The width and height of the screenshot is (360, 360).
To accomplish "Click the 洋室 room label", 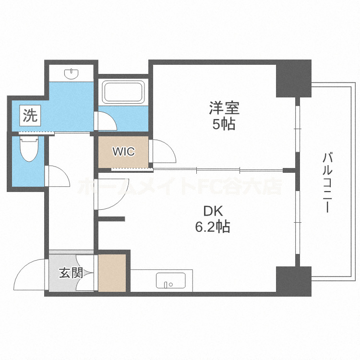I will pyautogui.click(x=223, y=108).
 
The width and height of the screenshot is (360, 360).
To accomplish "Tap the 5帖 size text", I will pyautogui.click(x=223, y=124).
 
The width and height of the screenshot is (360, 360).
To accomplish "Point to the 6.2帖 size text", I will pyautogui.click(x=212, y=227).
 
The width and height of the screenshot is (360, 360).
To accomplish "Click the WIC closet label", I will pyautogui.click(x=123, y=152).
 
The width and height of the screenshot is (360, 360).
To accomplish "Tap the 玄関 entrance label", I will pyautogui.click(x=71, y=273).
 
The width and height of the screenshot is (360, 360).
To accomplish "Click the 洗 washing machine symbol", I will pyautogui.click(x=30, y=115).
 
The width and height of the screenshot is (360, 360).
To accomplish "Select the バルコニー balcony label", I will pyautogui.click(x=328, y=182).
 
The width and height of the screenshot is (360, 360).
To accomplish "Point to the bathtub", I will pyautogui.click(x=123, y=91).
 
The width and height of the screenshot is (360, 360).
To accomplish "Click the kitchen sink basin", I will pyautogui.click(x=171, y=281).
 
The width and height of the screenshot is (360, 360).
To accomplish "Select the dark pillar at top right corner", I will pyautogui.click(x=293, y=78).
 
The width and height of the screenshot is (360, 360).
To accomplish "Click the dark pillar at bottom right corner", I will pyautogui.click(x=293, y=280).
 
